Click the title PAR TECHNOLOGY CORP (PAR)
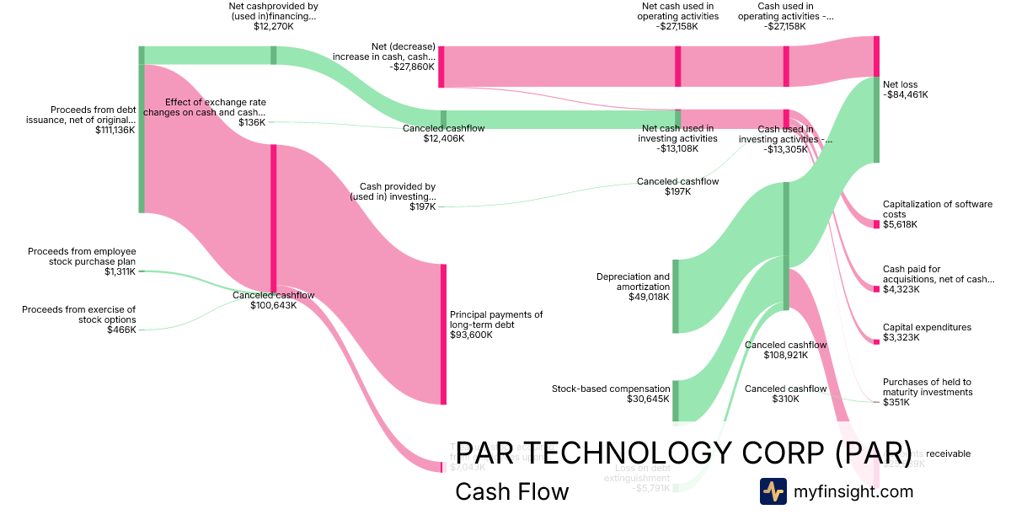click(x=683, y=453)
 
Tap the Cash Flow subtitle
click(x=511, y=491)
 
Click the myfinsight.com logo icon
click(x=773, y=491)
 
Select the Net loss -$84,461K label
click(x=906, y=89)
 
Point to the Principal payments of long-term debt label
click(x=496, y=324)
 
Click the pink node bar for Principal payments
click(x=443, y=334)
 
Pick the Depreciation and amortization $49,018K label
click(x=633, y=287)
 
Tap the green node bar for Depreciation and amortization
click(x=675, y=297)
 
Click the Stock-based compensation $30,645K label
click(x=611, y=394)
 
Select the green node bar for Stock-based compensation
click(x=675, y=400)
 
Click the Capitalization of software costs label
click(x=938, y=214)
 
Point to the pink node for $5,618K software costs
click(x=876, y=224)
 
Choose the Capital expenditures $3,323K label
click(x=927, y=332)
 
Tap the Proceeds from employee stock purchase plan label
click(x=82, y=261)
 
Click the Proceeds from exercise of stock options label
click(x=78, y=319)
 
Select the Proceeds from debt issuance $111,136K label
click(x=93, y=120)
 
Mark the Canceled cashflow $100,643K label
click(x=274, y=300)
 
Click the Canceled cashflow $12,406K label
click(x=443, y=133)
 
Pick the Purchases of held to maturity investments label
click(x=928, y=392)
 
